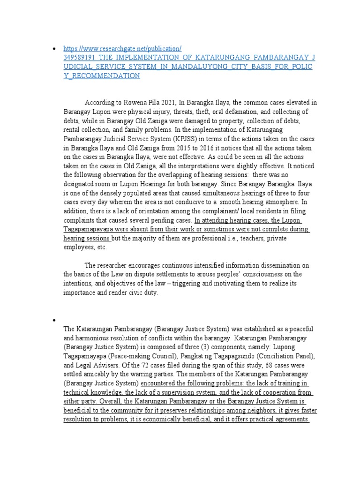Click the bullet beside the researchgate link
point(56,48)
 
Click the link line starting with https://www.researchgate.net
point(122,48)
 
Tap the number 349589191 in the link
point(81,57)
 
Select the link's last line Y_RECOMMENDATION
point(102,75)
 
